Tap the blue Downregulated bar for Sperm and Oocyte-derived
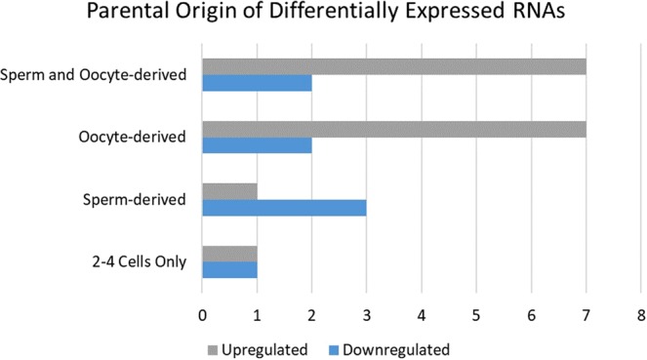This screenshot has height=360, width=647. (x=257, y=84)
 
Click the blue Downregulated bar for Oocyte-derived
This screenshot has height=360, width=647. (x=257, y=146)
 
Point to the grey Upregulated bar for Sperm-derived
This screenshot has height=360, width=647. (x=229, y=191)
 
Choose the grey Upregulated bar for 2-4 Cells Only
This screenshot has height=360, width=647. (x=229, y=254)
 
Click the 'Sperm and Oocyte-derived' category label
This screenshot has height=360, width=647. (x=94, y=75)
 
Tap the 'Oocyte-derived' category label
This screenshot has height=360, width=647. (x=133, y=138)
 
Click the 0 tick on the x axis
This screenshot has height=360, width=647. (x=202, y=315)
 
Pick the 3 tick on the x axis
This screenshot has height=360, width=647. (x=366, y=315)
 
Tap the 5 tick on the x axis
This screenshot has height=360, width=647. (x=476, y=315)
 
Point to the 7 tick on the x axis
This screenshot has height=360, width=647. (x=586, y=315)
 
